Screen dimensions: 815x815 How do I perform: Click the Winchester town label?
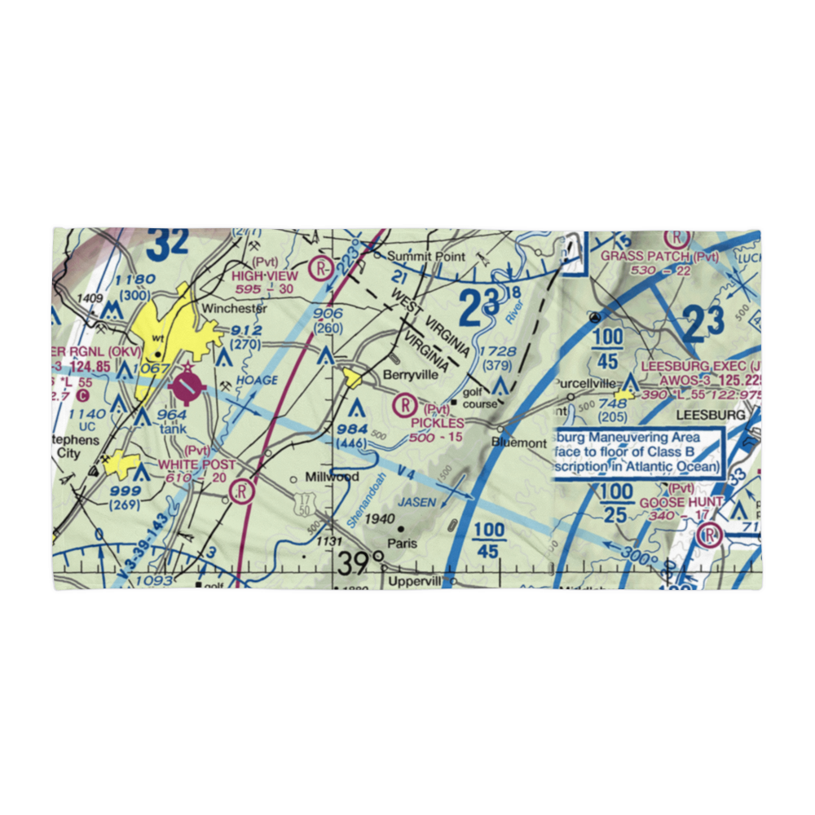click(x=234, y=309)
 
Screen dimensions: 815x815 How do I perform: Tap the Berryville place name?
click(x=410, y=376)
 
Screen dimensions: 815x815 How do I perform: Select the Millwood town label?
click(x=332, y=476)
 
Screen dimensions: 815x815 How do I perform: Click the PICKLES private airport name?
click(x=438, y=423)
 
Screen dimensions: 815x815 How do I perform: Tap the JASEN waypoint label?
click(x=416, y=503)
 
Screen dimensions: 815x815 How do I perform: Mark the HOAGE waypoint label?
click(x=258, y=380)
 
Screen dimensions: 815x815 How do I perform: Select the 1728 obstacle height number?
click(x=498, y=352)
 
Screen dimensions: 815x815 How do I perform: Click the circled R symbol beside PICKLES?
click(x=405, y=403)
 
